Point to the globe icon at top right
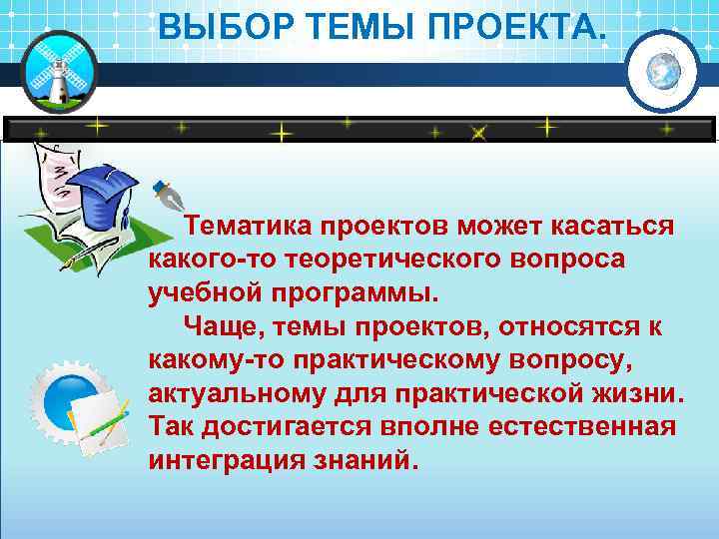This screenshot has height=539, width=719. point(662,70)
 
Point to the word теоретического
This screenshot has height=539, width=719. point(397,261)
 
